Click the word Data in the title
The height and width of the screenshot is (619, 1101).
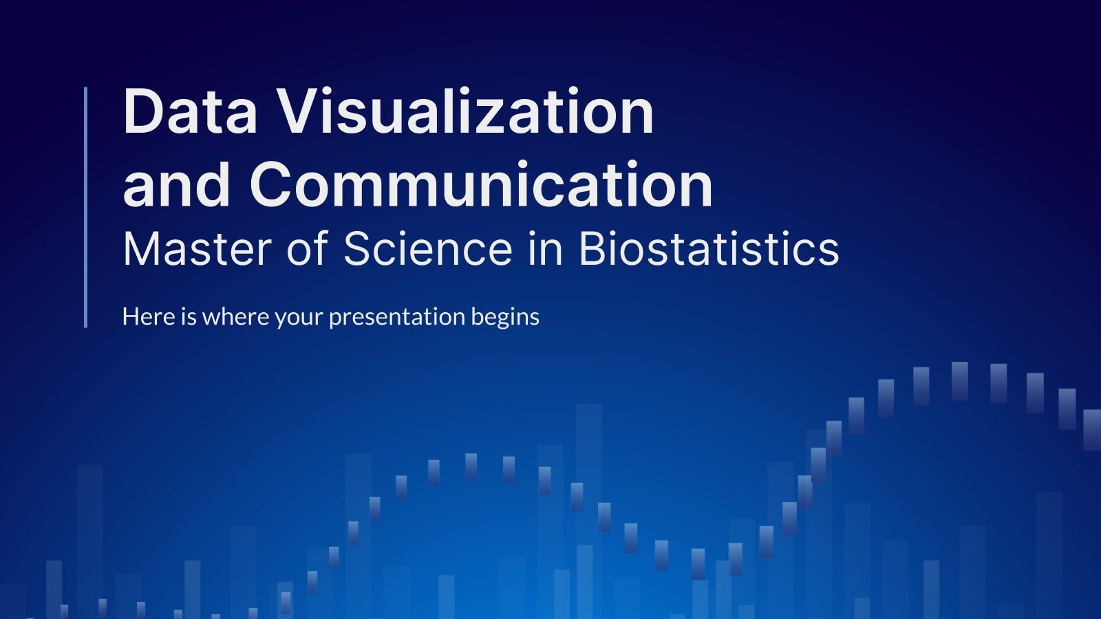coord(190,111)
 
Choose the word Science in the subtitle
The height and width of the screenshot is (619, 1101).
coord(427,248)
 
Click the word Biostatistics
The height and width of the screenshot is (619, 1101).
coord(709,248)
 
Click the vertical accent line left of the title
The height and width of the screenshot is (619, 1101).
coord(86,207)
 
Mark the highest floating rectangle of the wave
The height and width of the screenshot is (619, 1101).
coord(959,380)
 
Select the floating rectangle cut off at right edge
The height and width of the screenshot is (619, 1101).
coord(1092,429)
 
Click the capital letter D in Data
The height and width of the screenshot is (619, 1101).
coord(142,111)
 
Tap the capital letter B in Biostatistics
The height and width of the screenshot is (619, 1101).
coord(594,248)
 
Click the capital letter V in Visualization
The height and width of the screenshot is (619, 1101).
coord(301,111)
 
